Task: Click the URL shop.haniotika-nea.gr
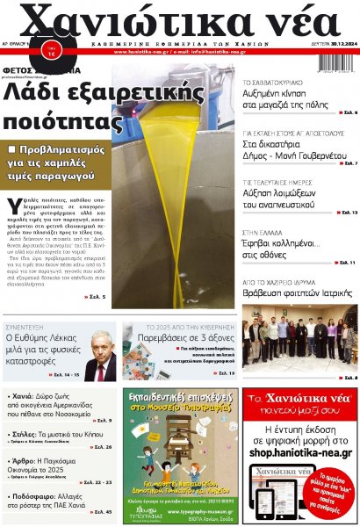coord(300,453)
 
